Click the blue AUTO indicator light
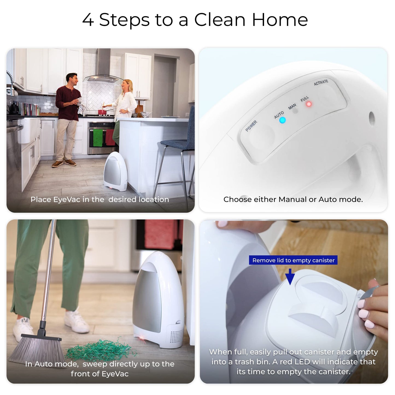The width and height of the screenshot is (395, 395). (x=282, y=120)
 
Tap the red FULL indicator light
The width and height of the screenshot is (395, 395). (x=309, y=104)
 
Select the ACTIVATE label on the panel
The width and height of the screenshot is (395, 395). (x=321, y=82)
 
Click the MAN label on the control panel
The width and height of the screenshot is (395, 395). (x=292, y=106)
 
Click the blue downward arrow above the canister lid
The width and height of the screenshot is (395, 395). (x=290, y=276)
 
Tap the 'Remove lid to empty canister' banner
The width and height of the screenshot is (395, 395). (x=293, y=260)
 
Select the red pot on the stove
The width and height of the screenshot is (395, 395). (x=102, y=112)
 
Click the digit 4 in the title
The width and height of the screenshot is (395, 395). (x=88, y=20)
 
